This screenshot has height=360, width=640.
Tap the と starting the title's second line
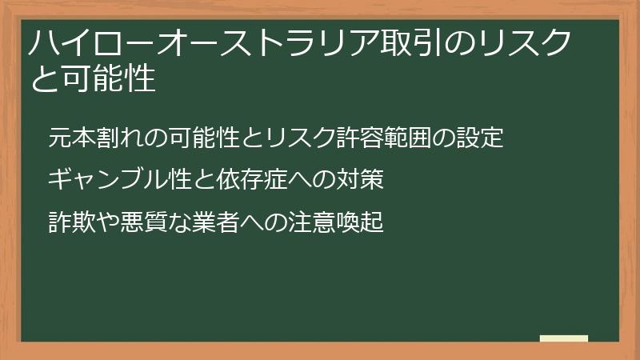[x=42, y=79]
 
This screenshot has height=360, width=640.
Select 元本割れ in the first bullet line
[x=93, y=138]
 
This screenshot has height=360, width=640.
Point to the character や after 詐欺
[x=104, y=222]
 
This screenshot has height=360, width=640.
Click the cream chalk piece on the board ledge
[x=564, y=338]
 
